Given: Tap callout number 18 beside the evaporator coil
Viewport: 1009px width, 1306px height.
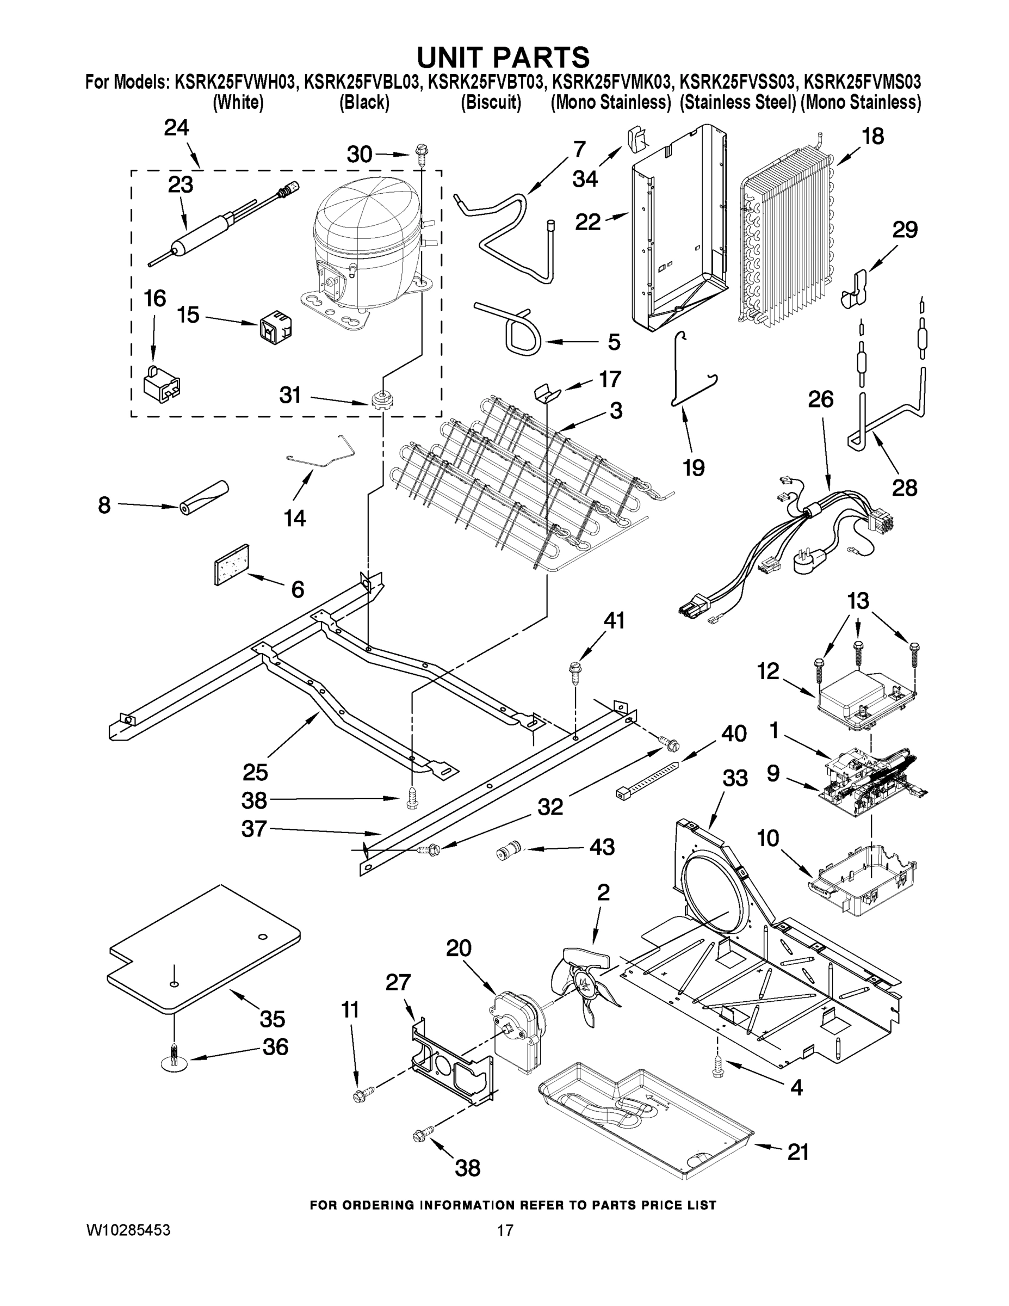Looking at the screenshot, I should pyautogui.click(x=874, y=137).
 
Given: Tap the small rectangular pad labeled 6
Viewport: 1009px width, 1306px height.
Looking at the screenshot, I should pyautogui.click(x=232, y=564).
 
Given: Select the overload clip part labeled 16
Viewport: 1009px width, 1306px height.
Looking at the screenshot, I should pyautogui.click(x=162, y=382).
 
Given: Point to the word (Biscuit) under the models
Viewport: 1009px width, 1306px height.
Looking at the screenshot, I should pyautogui.click(x=491, y=103).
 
